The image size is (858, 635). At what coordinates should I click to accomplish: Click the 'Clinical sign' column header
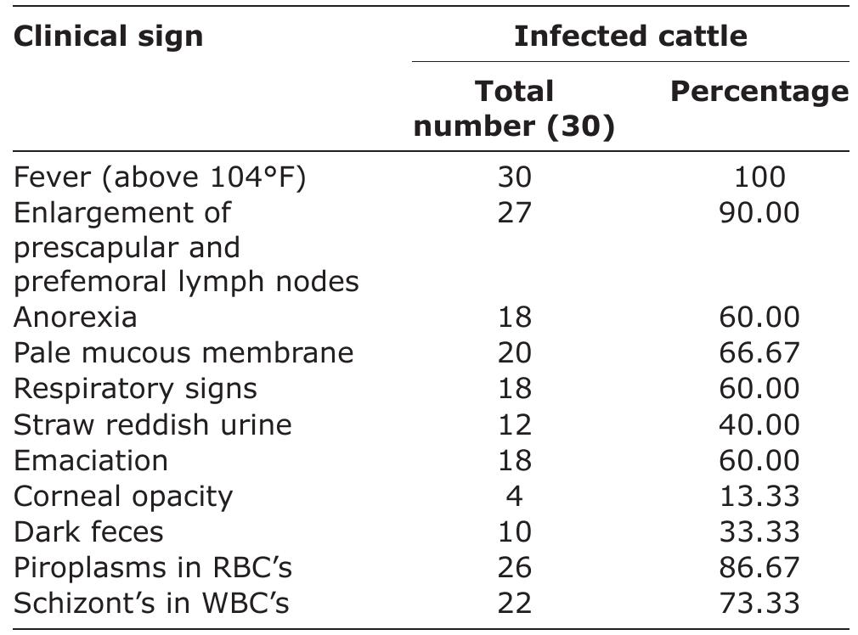108,37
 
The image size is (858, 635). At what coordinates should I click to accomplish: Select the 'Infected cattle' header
630,37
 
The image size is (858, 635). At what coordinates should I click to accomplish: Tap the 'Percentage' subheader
759,92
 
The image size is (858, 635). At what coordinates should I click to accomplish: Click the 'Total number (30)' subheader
514,109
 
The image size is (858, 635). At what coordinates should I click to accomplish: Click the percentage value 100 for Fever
759,177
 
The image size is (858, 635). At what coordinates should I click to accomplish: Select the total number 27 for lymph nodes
514,211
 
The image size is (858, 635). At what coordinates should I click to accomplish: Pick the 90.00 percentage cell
759,211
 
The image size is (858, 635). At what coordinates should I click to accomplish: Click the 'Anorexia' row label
76,317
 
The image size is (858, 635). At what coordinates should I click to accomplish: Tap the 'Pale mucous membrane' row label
183,352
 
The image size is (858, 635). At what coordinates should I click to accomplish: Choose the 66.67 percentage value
759,352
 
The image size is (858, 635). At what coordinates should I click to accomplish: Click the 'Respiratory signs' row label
135,388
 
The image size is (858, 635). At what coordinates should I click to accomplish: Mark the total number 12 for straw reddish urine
514,424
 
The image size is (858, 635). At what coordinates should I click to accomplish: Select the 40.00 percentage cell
759,424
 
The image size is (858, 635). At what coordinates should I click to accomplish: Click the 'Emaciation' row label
91,459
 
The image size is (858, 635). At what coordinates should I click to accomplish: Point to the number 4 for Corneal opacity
514,495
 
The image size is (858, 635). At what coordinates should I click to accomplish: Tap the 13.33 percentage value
759,495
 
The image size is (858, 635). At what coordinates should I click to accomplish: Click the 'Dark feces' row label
88,531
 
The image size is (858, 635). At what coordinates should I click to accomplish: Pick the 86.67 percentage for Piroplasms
759,566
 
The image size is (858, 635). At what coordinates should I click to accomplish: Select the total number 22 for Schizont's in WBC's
514,602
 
